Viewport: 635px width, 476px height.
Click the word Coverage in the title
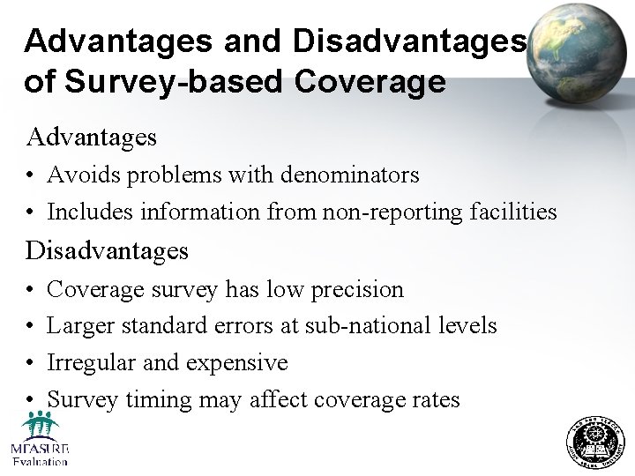click(x=370, y=82)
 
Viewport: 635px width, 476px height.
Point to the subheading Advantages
click(x=92, y=138)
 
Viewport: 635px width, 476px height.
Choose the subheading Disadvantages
click(x=108, y=251)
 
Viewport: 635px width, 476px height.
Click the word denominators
click(x=350, y=175)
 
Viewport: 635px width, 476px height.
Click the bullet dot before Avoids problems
click(x=31, y=176)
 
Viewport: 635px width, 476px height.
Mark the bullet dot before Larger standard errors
click(x=31, y=327)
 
